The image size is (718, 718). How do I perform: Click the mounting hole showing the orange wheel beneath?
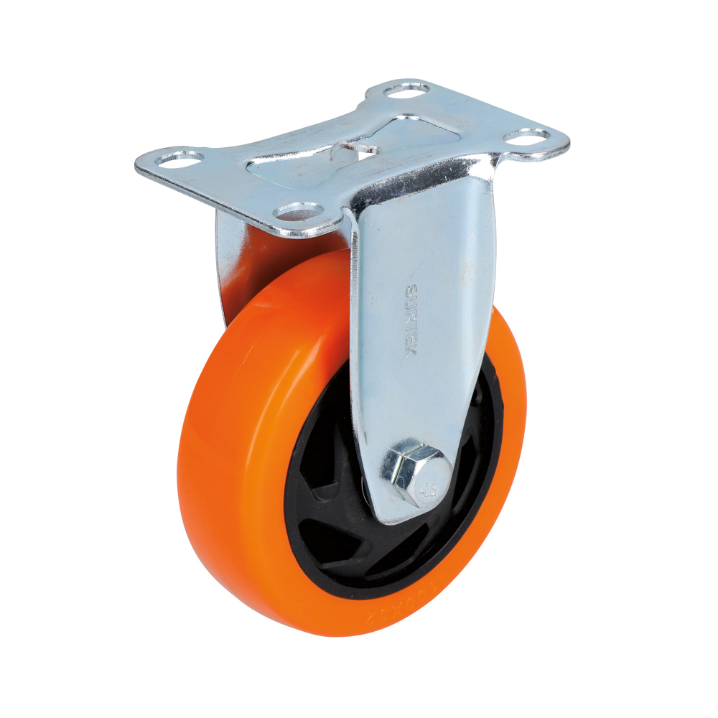click(299, 211)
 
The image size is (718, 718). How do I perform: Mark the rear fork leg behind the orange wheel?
click(228, 258)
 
